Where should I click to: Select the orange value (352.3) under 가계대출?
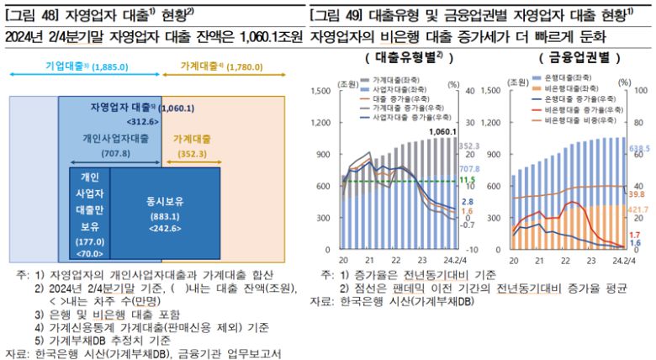[x=192, y=153]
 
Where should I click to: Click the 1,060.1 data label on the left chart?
[x=442, y=132]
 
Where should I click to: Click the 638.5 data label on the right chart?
[x=640, y=148]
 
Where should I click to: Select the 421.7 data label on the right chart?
[x=640, y=209]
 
